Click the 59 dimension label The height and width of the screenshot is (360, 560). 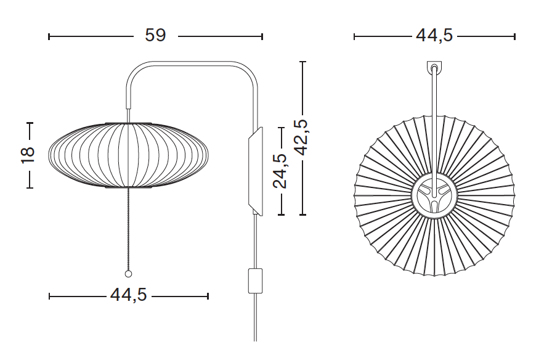(155, 35)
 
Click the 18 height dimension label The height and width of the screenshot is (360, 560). (28, 155)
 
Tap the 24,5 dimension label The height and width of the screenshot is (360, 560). (280, 171)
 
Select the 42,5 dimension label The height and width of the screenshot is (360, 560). (301, 137)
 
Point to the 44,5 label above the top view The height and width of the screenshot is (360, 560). (434, 35)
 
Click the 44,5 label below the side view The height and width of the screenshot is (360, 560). (129, 295)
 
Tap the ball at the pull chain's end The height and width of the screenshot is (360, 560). (128, 274)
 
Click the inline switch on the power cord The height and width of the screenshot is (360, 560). (255, 281)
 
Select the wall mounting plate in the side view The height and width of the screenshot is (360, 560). (256, 171)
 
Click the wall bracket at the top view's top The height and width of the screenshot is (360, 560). (434, 67)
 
